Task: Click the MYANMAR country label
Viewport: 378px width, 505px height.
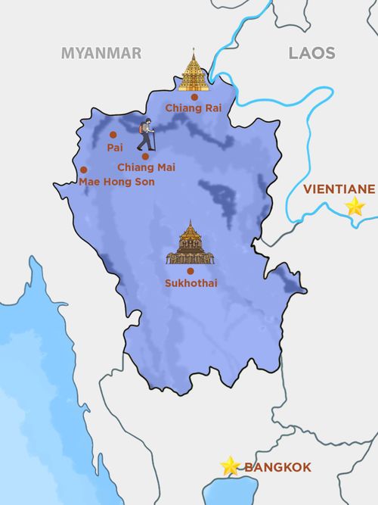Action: point(101,53)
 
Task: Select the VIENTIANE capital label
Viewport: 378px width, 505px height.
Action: point(339,189)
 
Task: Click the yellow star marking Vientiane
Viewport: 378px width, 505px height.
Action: point(355,207)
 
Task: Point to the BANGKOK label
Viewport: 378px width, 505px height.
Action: point(277,467)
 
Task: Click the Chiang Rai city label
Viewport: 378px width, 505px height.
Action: point(194,108)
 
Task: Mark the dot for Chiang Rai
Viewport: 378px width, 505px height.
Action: point(194,97)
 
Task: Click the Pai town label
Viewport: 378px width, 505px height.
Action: point(115,148)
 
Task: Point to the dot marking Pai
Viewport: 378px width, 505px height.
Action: point(114,136)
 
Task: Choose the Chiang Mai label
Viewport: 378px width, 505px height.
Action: point(146,167)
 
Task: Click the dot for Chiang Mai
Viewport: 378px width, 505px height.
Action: point(145,156)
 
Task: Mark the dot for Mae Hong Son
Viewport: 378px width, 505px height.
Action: point(83,170)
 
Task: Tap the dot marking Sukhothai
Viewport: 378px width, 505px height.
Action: point(190,270)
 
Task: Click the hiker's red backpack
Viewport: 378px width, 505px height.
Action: point(140,130)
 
